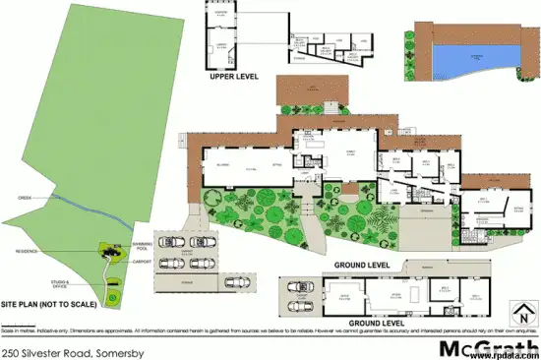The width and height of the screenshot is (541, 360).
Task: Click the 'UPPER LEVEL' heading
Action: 235,75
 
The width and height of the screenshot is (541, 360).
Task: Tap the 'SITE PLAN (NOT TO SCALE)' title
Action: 48,305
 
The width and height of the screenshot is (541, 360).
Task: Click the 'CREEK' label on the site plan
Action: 29,198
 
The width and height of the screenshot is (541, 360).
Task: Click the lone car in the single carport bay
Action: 237,283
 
